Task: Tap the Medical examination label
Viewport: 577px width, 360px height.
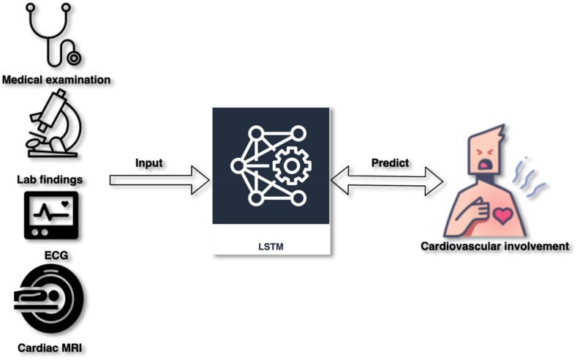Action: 56,78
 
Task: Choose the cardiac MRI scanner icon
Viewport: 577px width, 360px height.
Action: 48,300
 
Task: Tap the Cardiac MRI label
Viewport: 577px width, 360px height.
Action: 48,345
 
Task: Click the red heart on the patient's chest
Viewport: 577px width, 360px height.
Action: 504,215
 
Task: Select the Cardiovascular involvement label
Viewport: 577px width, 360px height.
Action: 494,245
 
